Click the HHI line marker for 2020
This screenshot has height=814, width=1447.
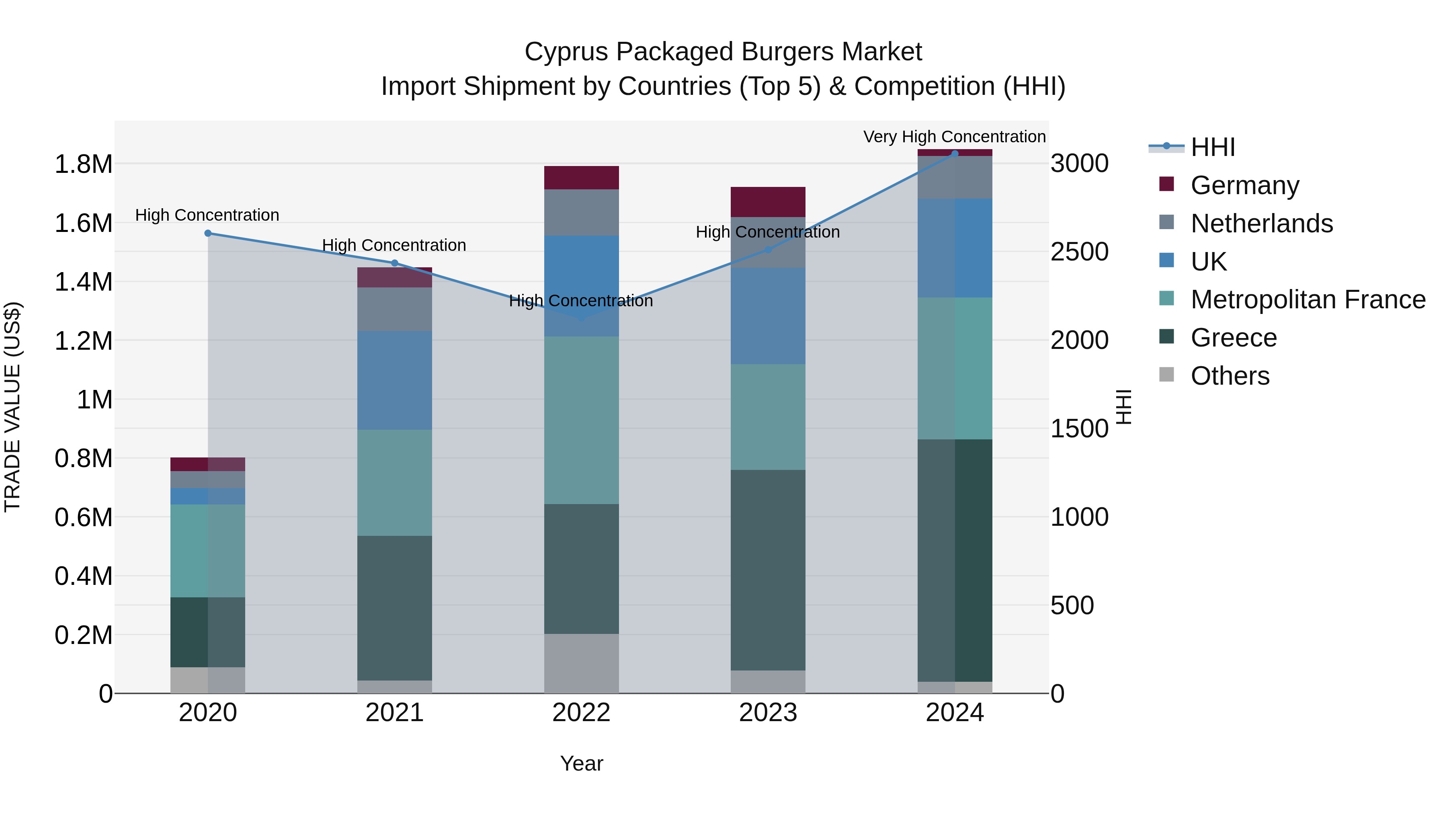point(208,233)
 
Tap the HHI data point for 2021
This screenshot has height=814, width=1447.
point(394,263)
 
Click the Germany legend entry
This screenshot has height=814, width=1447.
point(1244,185)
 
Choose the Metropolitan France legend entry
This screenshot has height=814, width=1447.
point(1307,299)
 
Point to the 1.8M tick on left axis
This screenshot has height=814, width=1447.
point(83,164)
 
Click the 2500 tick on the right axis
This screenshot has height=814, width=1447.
point(1079,252)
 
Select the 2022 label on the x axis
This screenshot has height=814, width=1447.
point(581,713)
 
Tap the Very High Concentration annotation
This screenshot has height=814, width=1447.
point(954,137)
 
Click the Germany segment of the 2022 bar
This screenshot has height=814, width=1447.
point(581,178)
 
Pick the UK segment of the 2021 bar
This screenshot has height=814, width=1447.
point(394,380)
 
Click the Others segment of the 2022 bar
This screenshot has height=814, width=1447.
point(581,663)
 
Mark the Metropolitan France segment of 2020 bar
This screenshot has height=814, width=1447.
point(207,551)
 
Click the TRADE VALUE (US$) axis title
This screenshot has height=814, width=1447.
point(12,407)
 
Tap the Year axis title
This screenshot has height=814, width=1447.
point(581,763)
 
